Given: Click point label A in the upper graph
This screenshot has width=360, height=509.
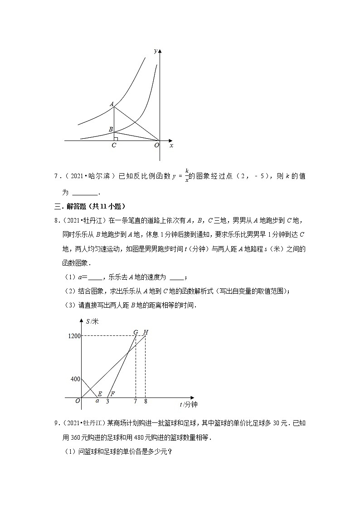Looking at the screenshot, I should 112,104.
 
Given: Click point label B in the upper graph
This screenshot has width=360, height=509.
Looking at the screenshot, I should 111,129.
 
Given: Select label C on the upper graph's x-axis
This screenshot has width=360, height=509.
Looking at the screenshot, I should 114,145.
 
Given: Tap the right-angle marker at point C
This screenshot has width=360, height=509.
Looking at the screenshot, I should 116,139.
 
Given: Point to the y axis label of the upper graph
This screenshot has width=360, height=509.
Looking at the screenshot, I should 156,51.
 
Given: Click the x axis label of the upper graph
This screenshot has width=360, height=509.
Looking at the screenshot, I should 171,145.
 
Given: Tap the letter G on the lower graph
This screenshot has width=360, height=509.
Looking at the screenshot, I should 136,332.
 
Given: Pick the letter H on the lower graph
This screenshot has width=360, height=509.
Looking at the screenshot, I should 146,332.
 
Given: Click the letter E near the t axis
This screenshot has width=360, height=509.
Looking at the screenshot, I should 100,393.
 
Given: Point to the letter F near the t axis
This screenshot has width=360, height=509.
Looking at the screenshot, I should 112,393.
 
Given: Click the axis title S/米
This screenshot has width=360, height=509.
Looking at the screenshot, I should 92,321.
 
